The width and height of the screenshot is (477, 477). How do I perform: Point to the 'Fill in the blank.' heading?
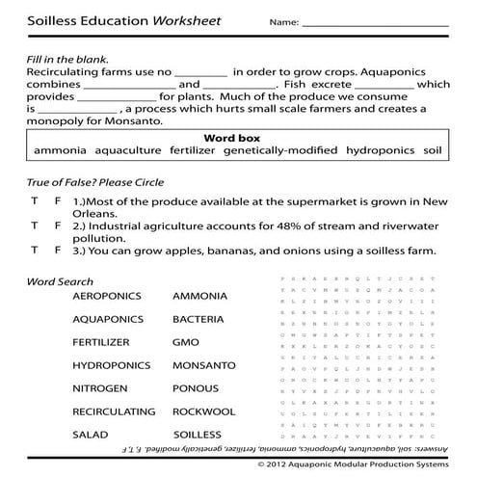pyautogui.click(x=66, y=57)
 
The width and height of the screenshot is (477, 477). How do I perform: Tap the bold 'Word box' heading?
pyautogui.click(x=236, y=138)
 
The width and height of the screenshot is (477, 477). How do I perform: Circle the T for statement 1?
pyautogui.click(x=35, y=201)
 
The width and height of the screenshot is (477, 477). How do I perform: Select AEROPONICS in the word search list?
pyautogui.click(x=106, y=296)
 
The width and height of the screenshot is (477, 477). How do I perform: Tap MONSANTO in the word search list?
pyautogui.click(x=203, y=365)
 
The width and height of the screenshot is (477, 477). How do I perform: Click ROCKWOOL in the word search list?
pyautogui.click(x=203, y=411)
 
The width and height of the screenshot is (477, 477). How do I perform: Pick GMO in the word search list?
pyautogui.click(x=186, y=342)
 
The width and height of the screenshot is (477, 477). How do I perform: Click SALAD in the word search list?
pyautogui.click(x=90, y=435)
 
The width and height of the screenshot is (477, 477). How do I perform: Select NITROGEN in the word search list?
pyautogui.click(x=101, y=388)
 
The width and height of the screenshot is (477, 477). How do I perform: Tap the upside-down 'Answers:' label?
pyautogui.click(x=446, y=449)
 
